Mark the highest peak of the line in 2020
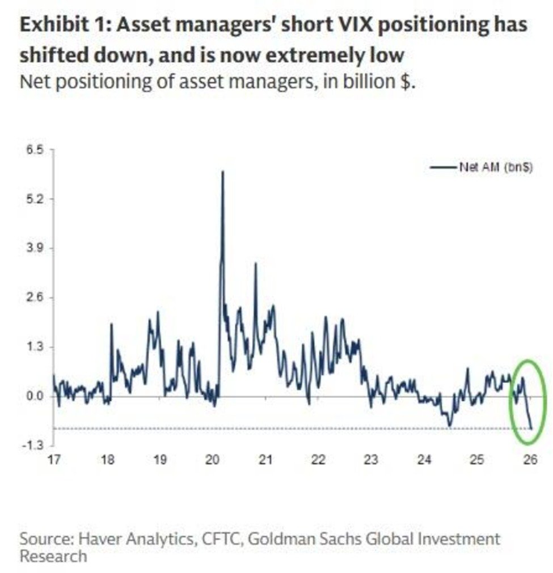pyautogui.click(x=222, y=172)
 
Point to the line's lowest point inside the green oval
pyautogui.click(x=531, y=428)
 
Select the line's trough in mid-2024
pyautogui.click(x=449, y=425)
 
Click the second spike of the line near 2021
pyautogui.click(x=255, y=264)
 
